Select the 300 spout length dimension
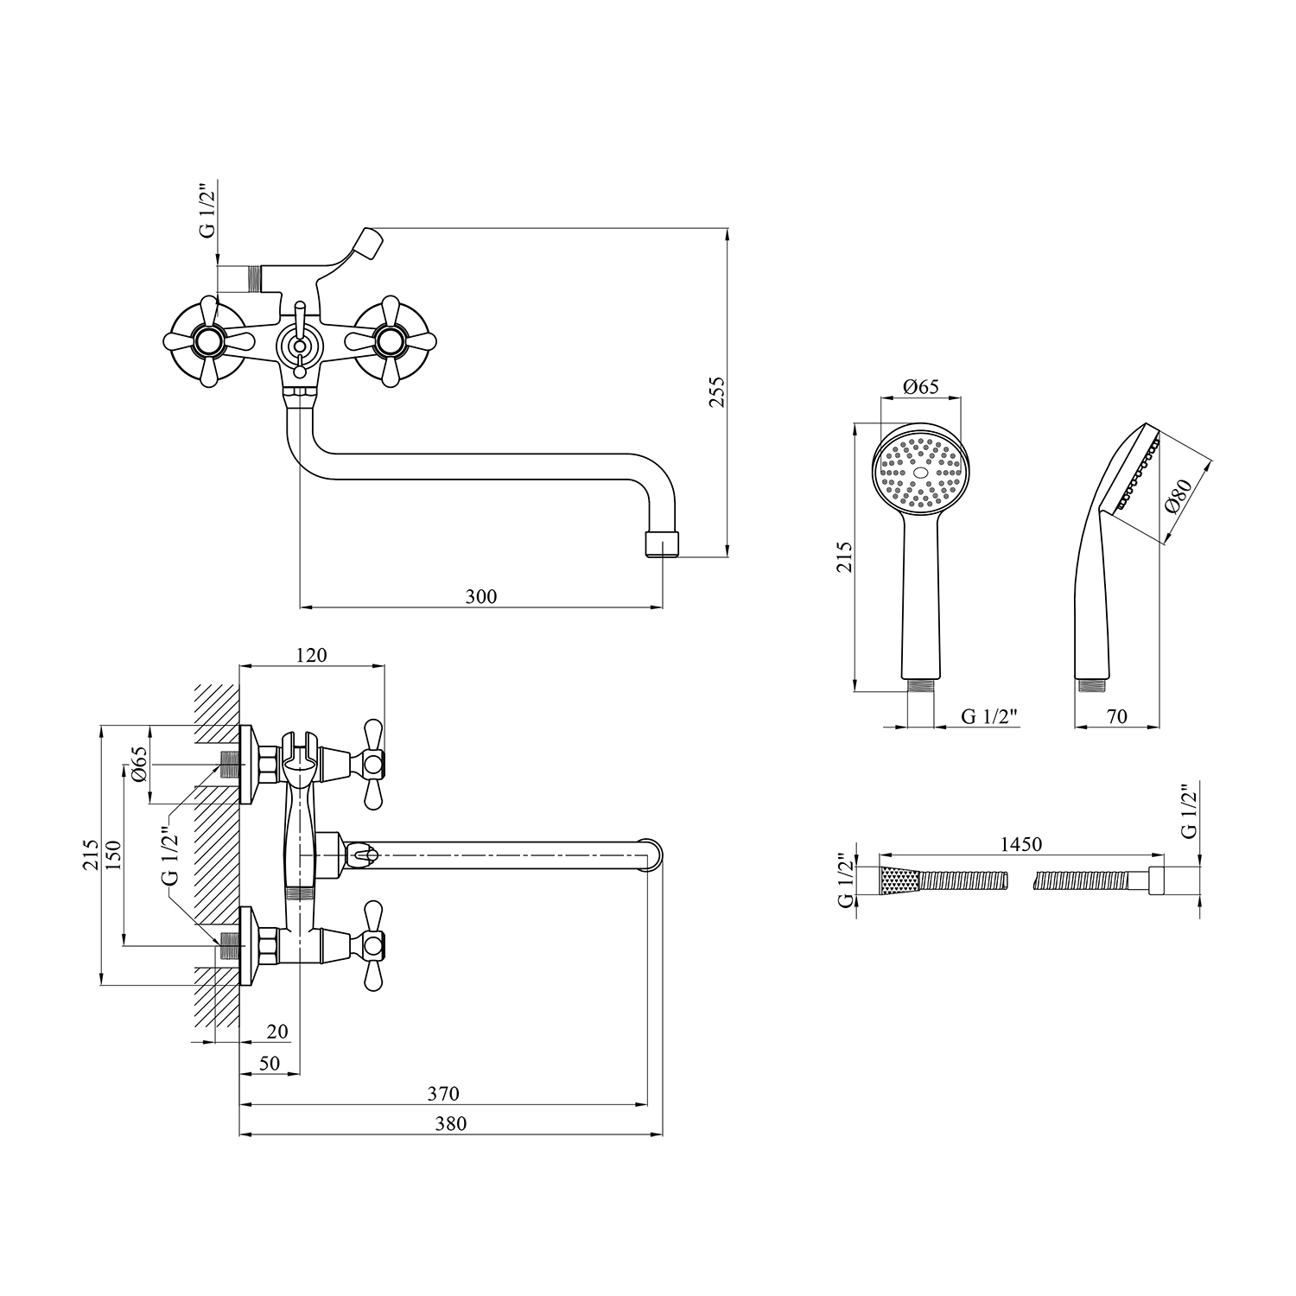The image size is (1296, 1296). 481,596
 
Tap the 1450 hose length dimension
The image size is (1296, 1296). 1021,844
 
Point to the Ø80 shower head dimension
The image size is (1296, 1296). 1178,497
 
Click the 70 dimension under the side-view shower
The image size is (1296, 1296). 1117,716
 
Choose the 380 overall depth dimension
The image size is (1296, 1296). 451,1123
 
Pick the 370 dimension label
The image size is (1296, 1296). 443,1094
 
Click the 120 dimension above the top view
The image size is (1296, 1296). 311,655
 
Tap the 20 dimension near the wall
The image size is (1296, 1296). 277,1032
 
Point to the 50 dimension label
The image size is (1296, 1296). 270,1064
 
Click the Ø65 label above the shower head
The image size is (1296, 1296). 921,387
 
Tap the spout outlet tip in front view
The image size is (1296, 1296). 664,543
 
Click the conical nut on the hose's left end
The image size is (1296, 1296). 899,880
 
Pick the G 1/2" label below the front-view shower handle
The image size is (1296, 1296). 990,716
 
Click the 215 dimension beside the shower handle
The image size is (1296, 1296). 845,557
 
